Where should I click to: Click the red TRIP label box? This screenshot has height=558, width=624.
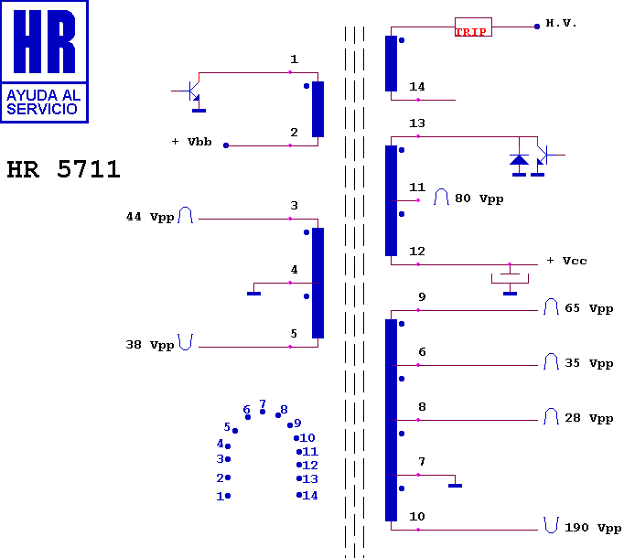pyautogui.click(x=472, y=27)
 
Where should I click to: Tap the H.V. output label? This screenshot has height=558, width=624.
pyautogui.click(x=561, y=23)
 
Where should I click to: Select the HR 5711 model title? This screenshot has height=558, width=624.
pyautogui.click(x=63, y=170)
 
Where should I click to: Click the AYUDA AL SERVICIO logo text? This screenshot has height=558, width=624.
pyautogui.click(x=44, y=102)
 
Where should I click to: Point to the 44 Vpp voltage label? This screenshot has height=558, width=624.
pyautogui.click(x=149, y=218)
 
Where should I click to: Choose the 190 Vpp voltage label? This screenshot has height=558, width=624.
pyautogui.click(x=592, y=529)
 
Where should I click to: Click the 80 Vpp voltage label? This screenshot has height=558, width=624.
pyautogui.click(x=479, y=199)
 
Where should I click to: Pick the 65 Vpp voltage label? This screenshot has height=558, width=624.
pyautogui.click(x=588, y=309)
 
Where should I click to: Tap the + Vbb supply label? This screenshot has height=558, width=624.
pyautogui.click(x=192, y=142)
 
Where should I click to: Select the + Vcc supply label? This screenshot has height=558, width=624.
pyautogui.click(x=566, y=261)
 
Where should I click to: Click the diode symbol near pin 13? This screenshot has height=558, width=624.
pyautogui.click(x=519, y=162)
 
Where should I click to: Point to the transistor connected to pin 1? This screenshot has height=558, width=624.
pyautogui.click(x=193, y=92)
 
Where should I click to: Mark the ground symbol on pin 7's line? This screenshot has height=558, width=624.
pyautogui.click(x=455, y=485)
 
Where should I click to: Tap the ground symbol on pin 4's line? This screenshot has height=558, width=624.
pyautogui.click(x=253, y=293)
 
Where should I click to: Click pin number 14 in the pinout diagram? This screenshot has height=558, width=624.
pyautogui.click(x=310, y=496)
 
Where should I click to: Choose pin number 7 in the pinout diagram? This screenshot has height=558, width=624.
pyautogui.click(x=263, y=403)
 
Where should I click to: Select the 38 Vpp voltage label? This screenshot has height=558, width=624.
pyautogui.click(x=149, y=346)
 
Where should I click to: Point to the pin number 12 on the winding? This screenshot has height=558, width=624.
pyautogui.click(x=417, y=252)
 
